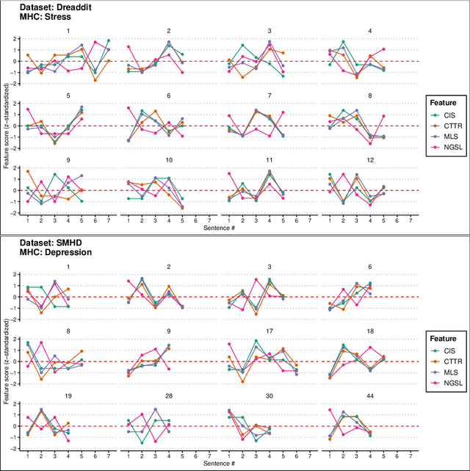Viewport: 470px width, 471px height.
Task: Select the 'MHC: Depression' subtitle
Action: pyautogui.click(x=37, y=252)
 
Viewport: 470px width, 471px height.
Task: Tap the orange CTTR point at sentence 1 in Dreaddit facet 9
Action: pyautogui.click(x=28, y=171)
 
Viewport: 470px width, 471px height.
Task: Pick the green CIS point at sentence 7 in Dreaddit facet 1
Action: pyautogui.click(x=108, y=41)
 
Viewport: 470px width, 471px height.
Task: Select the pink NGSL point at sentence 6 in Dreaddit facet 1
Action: pyautogui.click(x=95, y=43)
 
